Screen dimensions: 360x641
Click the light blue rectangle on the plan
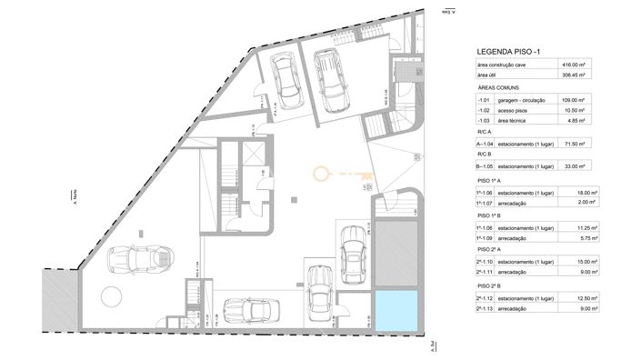point(395,310)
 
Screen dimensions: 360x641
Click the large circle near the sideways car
point(111,297)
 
